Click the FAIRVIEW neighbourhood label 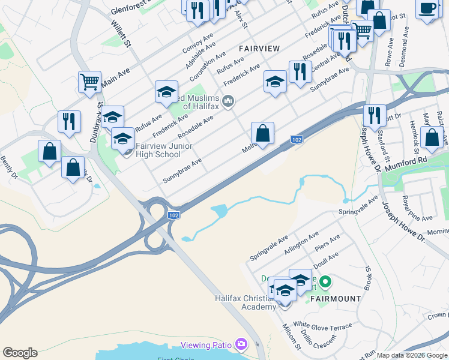(259, 47)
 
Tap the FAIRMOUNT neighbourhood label (336, 298)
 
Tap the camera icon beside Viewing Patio (241, 344)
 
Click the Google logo (20, 353)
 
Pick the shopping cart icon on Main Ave (89, 82)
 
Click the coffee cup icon (427, 10)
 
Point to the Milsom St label (292, 337)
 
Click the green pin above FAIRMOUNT (325, 281)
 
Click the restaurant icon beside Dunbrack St (69, 121)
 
